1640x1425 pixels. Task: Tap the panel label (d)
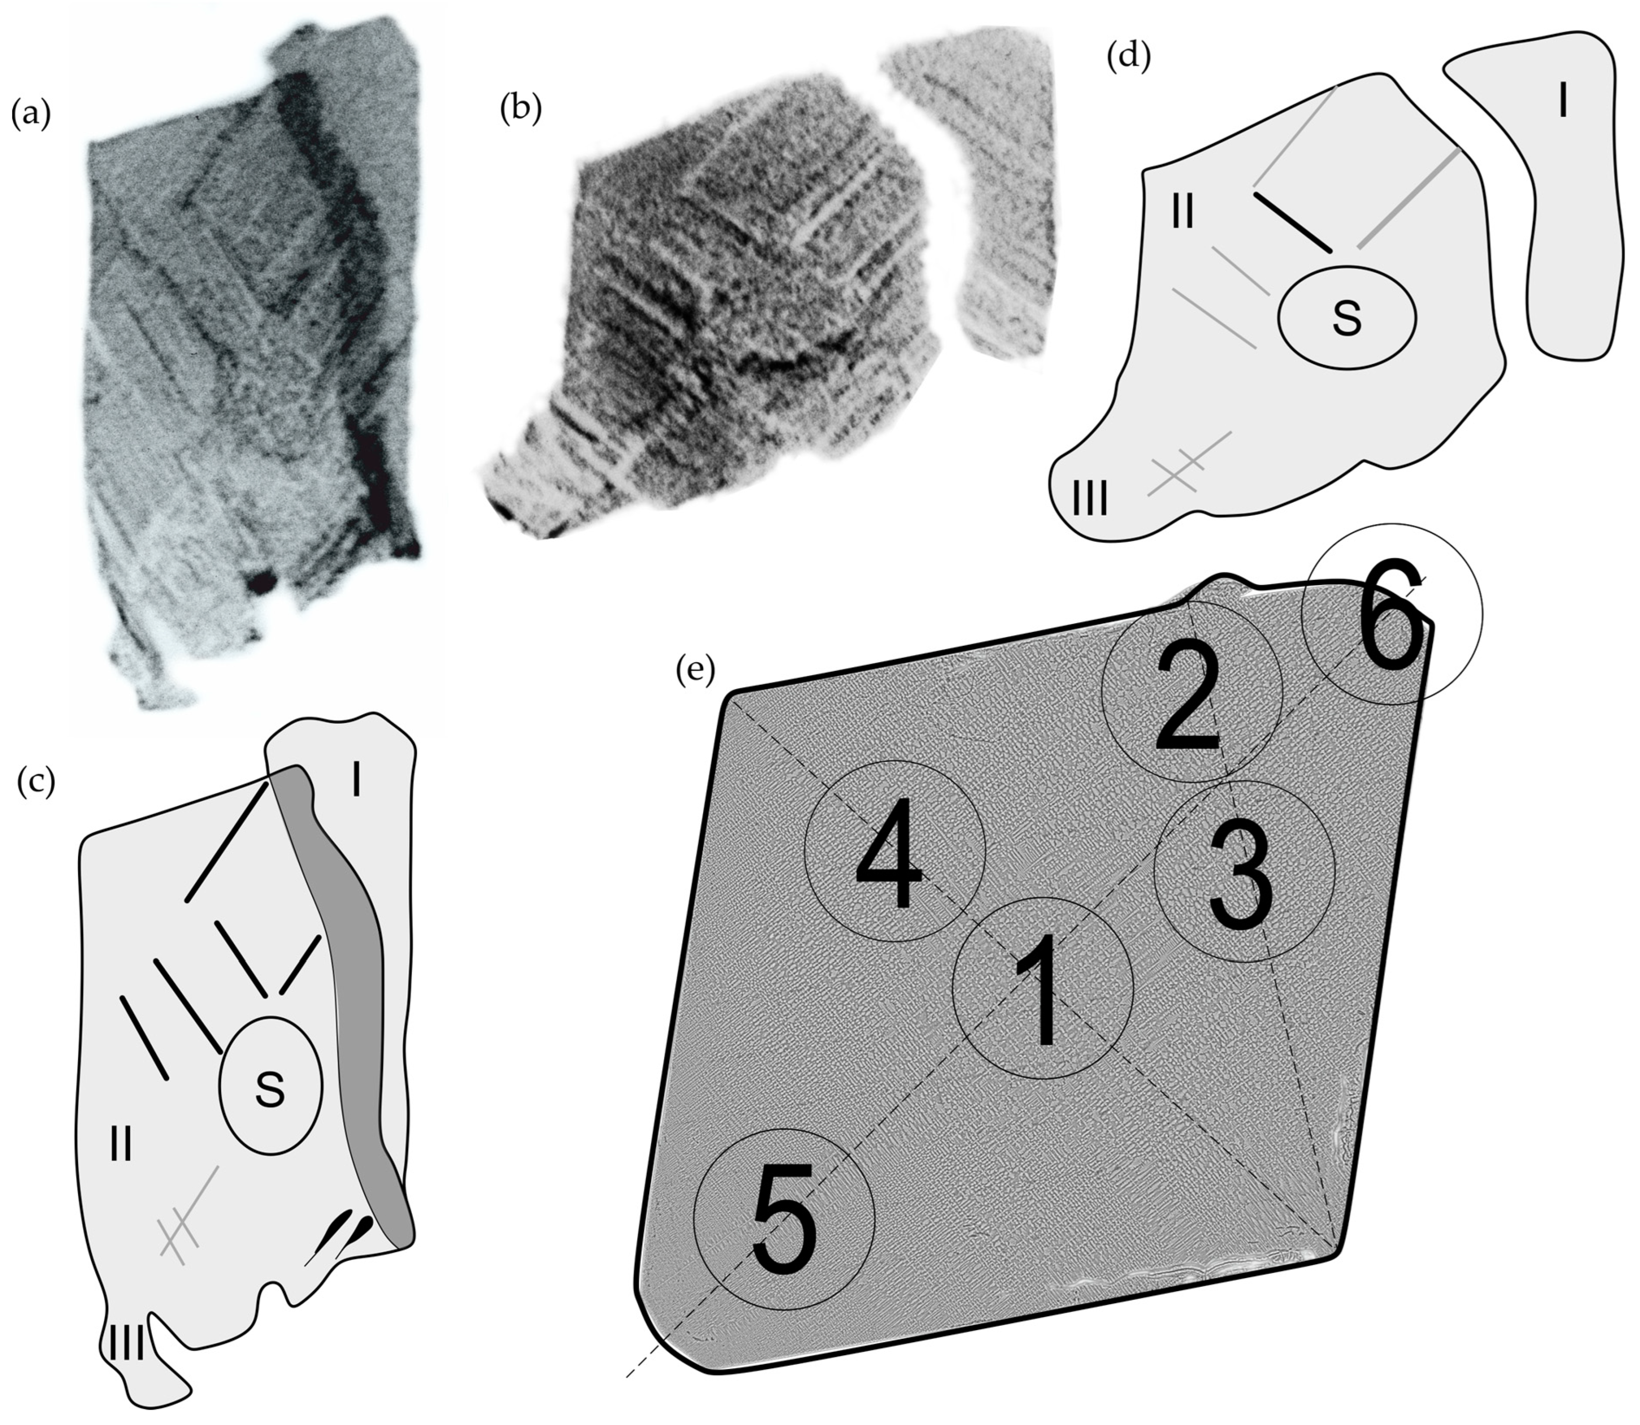1129,56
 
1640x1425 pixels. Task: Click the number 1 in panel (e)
1041,990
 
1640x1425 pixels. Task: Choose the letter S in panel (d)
1347,316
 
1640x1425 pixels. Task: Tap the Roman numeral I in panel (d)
1562,101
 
